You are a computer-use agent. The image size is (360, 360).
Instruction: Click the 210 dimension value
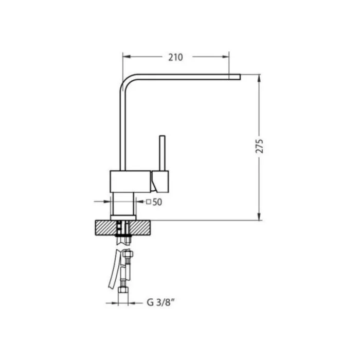176,57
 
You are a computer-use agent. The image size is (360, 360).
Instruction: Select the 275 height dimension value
259,146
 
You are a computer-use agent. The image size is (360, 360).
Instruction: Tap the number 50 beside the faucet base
157,202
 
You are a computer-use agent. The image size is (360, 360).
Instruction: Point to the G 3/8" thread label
161,302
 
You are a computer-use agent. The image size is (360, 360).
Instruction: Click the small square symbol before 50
149,202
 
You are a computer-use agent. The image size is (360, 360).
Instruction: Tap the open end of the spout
240,77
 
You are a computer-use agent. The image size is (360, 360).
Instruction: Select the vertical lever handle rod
162,153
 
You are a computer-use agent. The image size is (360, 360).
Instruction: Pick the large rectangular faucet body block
130,182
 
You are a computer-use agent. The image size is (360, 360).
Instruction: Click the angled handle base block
160,182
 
